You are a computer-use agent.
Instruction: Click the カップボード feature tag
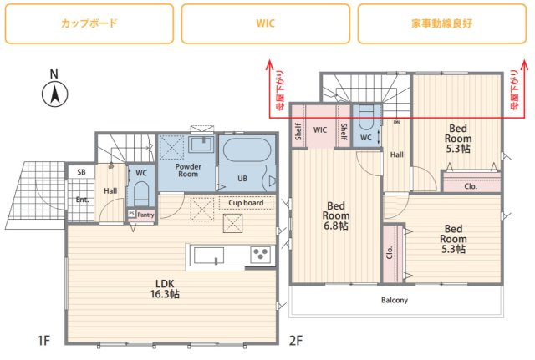89,23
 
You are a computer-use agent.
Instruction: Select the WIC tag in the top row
266,23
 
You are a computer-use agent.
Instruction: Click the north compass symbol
53,94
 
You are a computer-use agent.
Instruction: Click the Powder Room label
187,170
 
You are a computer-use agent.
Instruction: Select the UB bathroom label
242,179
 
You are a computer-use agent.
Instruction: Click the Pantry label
145,214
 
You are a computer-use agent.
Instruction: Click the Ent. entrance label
83,200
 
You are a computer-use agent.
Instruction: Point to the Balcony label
395,300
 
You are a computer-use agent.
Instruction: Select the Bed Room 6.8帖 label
337,215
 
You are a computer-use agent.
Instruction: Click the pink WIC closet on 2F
320,130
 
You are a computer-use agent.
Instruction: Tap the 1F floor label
44,340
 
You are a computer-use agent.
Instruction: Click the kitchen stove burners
260,254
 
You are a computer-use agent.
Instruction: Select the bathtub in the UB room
245,154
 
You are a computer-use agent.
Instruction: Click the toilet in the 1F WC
140,195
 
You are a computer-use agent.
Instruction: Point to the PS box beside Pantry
131,214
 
